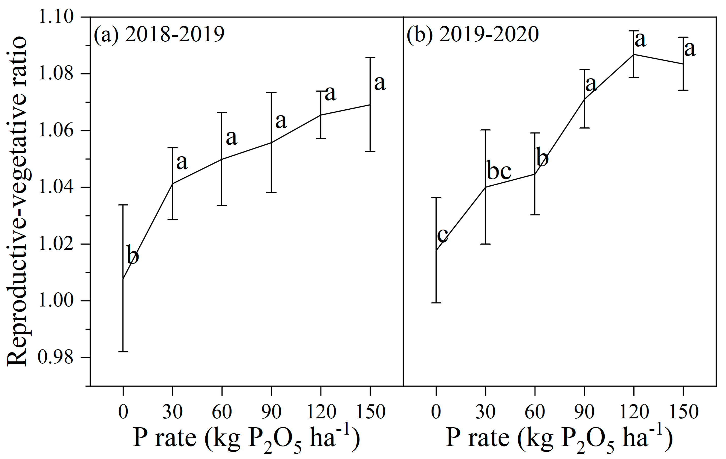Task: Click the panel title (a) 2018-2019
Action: (159, 34)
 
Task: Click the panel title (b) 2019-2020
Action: (472, 34)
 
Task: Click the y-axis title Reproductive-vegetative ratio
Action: (18, 201)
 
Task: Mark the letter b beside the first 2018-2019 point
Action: (132, 255)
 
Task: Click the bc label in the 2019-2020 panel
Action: (499, 171)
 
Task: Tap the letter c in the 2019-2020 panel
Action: (443, 235)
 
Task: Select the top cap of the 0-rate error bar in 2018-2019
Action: (123, 205)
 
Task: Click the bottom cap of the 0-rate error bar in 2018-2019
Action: (123, 351)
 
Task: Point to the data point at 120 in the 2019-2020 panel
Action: (634, 55)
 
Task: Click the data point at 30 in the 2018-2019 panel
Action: (172, 183)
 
